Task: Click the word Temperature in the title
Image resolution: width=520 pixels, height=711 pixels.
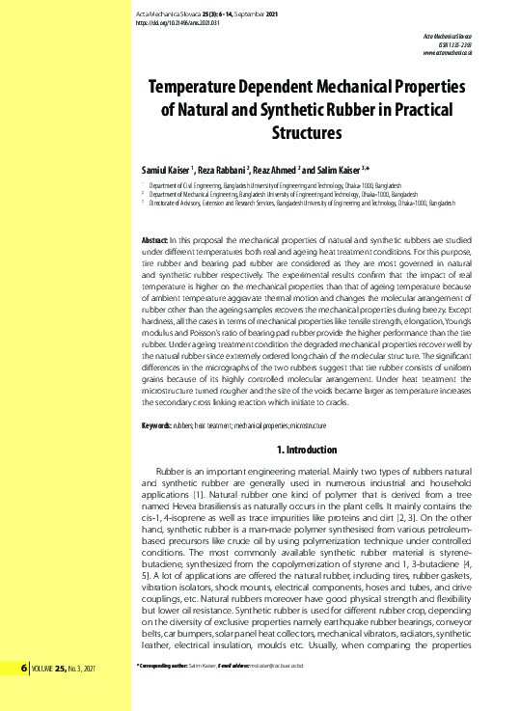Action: pyautogui.click(x=198, y=86)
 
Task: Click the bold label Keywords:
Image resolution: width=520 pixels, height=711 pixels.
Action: pyautogui.click(x=156, y=425)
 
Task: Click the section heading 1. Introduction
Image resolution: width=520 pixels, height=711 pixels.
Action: pyautogui.click(x=306, y=450)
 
